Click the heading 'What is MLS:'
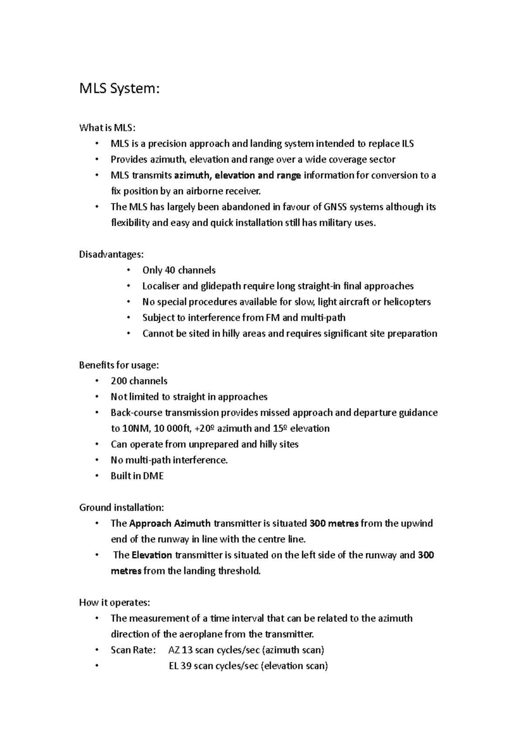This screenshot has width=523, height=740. [x=107, y=128]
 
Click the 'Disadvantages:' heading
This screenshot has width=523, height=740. [x=111, y=255]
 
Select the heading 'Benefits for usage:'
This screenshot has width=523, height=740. [x=119, y=365]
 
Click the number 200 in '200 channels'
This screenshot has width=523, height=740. [x=119, y=381]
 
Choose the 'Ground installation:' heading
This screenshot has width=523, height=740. [x=122, y=508]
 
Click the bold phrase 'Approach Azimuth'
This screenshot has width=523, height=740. [x=170, y=523]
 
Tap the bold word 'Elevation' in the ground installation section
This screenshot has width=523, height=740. [x=152, y=555]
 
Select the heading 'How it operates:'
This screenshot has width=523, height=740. [x=115, y=603]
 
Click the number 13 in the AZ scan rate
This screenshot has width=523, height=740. [x=187, y=650]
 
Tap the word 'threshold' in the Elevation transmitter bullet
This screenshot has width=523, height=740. [x=238, y=571]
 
